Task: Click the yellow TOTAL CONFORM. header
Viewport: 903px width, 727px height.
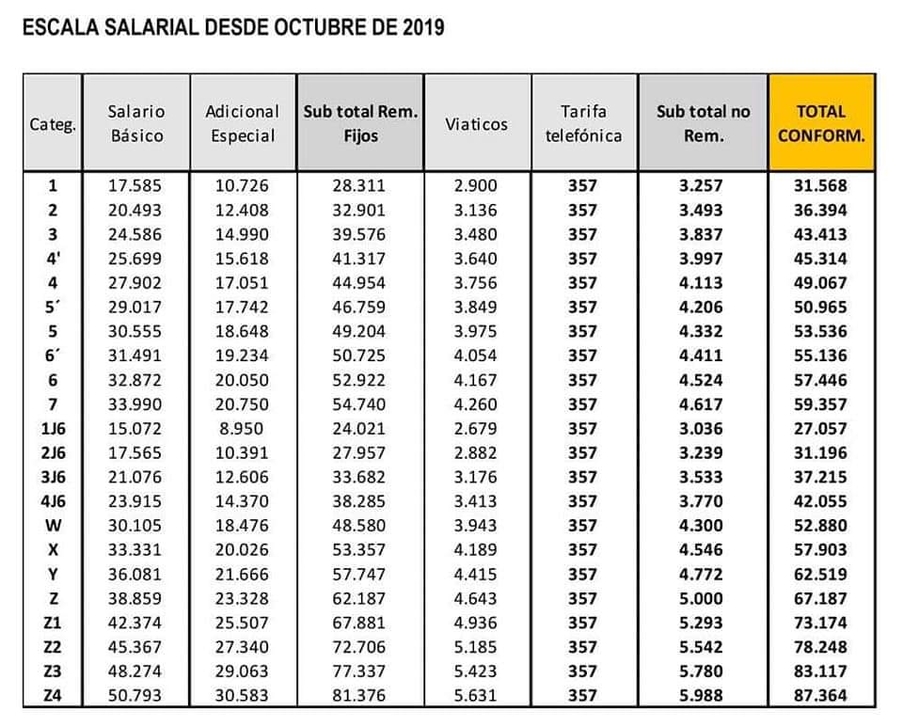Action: (x=821, y=123)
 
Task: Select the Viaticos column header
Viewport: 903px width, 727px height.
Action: (x=476, y=124)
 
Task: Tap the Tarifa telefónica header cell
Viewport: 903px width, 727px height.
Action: (x=583, y=123)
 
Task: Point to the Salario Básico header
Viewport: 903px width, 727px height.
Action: (x=136, y=123)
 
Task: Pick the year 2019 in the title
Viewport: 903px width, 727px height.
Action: (x=423, y=27)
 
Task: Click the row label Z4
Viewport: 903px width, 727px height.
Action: (x=53, y=695)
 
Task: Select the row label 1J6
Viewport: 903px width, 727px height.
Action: (x=53, y=428)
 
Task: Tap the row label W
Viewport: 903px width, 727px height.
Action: (x=53, y=526)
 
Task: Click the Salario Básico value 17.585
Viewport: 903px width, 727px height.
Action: (x=135, y=185)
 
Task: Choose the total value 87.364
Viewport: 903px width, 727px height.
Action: (x=820, y=695)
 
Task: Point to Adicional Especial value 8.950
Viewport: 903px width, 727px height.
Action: (x=242, y=428)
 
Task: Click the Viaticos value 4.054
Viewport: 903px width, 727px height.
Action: (x=475, y=356)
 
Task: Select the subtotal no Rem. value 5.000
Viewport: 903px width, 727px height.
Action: (x=700, y=598)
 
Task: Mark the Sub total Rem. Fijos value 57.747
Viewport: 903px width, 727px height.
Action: (x=358, y=574)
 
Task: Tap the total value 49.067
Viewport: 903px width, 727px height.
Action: (x=820, y=283)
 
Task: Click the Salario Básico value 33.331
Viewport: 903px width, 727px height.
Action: (x=135, y=549)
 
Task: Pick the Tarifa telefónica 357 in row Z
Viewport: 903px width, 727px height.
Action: (x=582, y=598)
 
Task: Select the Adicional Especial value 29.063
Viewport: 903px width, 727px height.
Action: (x=242, y=672)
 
